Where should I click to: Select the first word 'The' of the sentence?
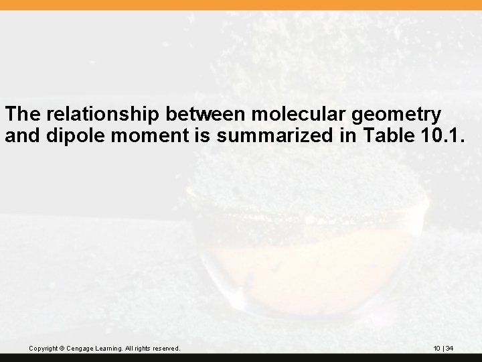click(22, 113)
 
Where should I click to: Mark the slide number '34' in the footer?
click(450, 349)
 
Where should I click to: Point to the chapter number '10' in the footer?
click(436, 349)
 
